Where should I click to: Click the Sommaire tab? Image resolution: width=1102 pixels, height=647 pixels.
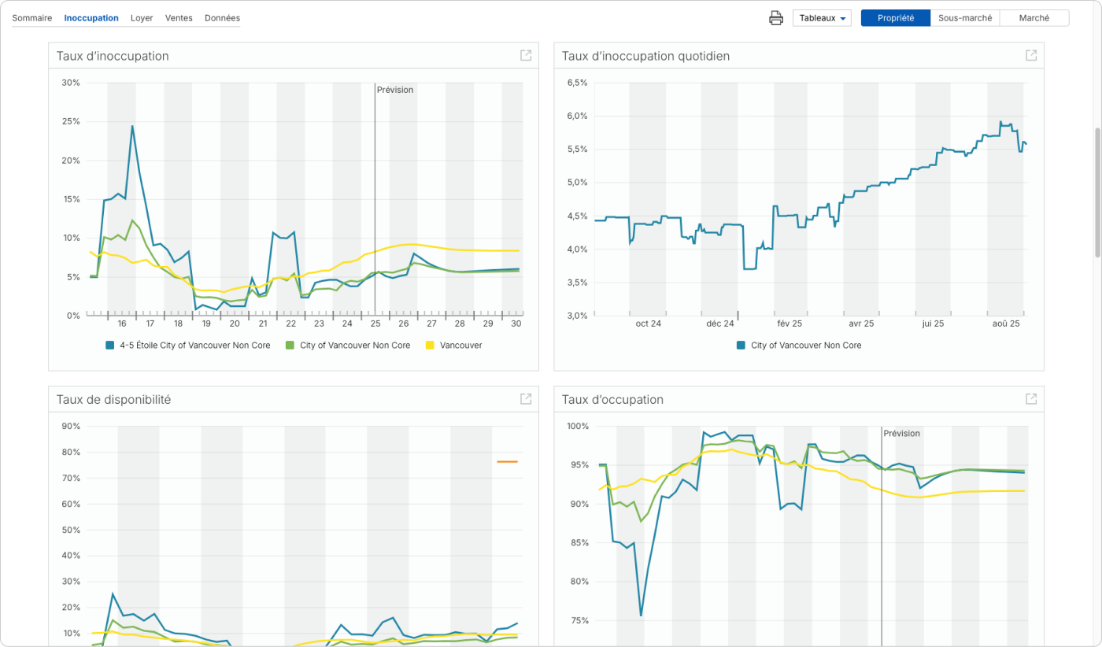31,18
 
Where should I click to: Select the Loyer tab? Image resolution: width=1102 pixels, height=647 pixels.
142,18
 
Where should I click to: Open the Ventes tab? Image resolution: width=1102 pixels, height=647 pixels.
179,18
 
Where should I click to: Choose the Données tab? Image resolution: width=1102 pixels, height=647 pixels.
222,18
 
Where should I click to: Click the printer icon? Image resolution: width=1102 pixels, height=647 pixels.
776,18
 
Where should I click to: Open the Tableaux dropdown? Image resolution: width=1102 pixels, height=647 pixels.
822,18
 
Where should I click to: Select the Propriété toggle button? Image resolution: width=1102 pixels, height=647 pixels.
895,18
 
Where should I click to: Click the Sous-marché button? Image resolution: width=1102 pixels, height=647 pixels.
965,18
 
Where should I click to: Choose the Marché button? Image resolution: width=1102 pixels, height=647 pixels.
1034,18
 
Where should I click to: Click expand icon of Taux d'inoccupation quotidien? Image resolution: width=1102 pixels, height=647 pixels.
1030,56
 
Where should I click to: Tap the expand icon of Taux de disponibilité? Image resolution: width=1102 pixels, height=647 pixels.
526,399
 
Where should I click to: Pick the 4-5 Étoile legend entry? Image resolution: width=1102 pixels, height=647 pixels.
188,346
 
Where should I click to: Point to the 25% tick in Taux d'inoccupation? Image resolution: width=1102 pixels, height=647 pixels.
71,122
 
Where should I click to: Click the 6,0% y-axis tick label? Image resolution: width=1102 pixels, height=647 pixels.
577,116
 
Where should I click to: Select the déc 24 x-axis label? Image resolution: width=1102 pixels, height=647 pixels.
719,323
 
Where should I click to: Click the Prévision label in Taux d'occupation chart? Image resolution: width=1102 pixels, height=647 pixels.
901,434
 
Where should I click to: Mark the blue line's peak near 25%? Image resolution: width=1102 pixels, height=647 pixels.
132,126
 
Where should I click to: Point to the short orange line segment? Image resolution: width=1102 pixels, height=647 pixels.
507,462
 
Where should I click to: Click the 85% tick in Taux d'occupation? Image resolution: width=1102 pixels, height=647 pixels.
579,543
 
